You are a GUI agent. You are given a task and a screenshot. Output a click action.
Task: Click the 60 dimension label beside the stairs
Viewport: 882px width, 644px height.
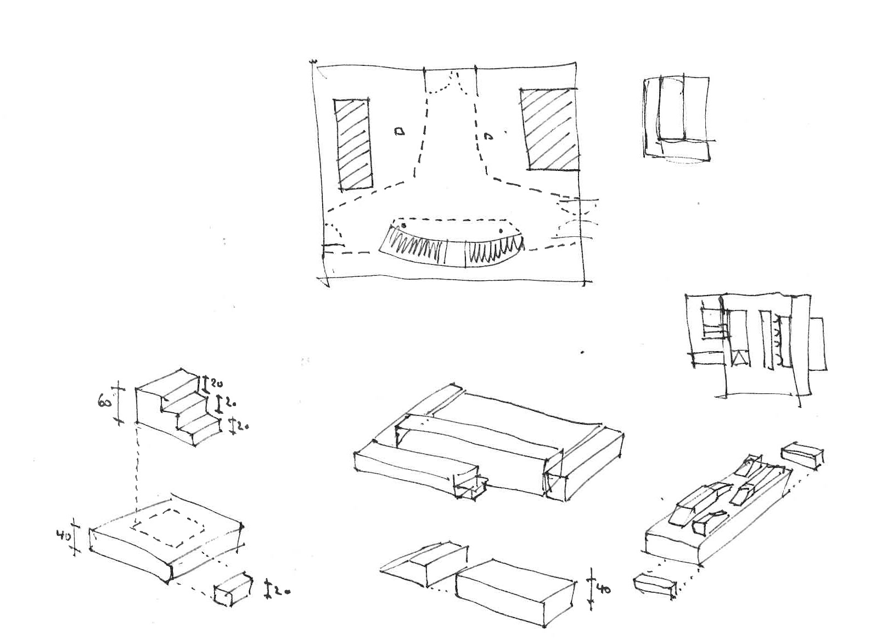106,403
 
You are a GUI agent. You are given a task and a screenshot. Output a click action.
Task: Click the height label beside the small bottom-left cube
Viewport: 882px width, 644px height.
282,592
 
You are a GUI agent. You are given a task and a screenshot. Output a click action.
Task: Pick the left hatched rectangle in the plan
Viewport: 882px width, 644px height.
353,145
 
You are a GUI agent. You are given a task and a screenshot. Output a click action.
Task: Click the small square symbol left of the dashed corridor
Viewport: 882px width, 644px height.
401,131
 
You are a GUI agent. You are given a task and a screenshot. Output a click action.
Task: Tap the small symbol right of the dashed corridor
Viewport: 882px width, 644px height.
487,136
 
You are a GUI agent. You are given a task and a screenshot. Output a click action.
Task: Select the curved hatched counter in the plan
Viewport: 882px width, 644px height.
452,247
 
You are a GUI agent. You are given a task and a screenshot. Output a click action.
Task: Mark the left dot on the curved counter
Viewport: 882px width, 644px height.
405,226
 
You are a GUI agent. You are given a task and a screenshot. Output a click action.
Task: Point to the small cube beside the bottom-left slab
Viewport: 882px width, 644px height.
232,589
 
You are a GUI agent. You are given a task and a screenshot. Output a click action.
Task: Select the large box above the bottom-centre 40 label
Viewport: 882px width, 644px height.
516,591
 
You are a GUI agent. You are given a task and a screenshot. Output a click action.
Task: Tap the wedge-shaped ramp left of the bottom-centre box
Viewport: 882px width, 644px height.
423,565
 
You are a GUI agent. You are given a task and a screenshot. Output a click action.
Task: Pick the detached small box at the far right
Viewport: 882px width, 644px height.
802,454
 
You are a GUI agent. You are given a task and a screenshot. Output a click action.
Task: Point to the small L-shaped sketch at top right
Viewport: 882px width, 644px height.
677,118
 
